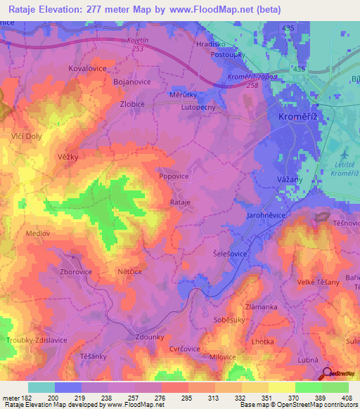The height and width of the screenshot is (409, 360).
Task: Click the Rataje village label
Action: point(181,202)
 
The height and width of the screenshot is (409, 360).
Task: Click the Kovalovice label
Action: point(86,70)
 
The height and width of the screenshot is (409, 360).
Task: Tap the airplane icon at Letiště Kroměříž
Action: point(342,154)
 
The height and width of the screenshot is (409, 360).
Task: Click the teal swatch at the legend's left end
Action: point(41,387)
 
